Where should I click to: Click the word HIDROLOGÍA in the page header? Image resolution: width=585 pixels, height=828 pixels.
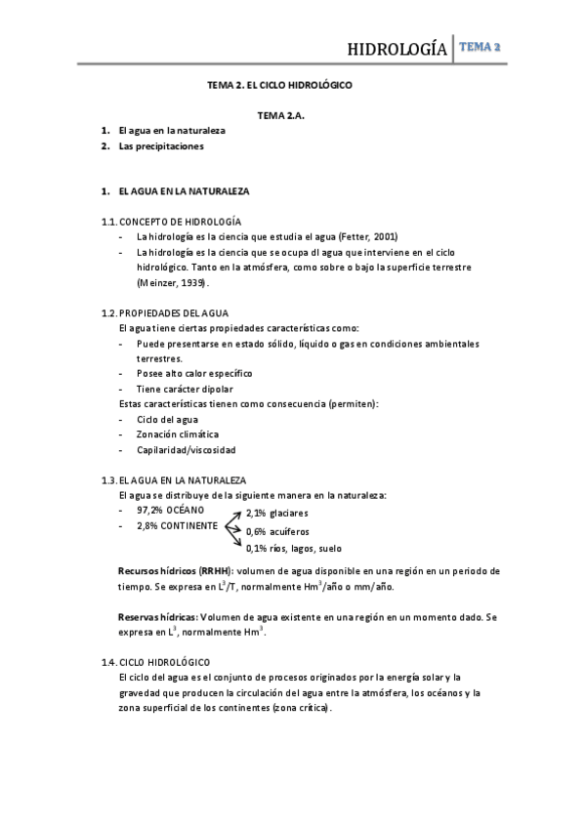[x=398, y=50]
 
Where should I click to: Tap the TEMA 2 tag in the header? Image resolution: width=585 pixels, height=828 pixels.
[x=482, y=47]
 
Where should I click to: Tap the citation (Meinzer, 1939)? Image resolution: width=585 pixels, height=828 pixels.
[x=173, y=282]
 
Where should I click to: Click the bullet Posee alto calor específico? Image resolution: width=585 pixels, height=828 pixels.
[x=194, y=373]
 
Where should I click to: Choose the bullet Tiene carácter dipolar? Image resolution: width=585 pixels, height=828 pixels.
[x=185, y=389]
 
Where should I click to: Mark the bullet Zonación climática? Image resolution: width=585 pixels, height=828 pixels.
[x=178, y=434]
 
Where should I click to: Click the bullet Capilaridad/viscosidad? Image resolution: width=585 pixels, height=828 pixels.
[x=187, y=449]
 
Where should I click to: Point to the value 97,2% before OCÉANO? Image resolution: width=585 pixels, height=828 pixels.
[x=149, y=510]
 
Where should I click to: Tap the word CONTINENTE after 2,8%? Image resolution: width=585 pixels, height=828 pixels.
[x=191, y=525]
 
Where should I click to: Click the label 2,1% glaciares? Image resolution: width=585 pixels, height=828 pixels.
[x=277, y=513]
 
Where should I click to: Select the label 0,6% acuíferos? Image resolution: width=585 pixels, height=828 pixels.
[x=277, y=531]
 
